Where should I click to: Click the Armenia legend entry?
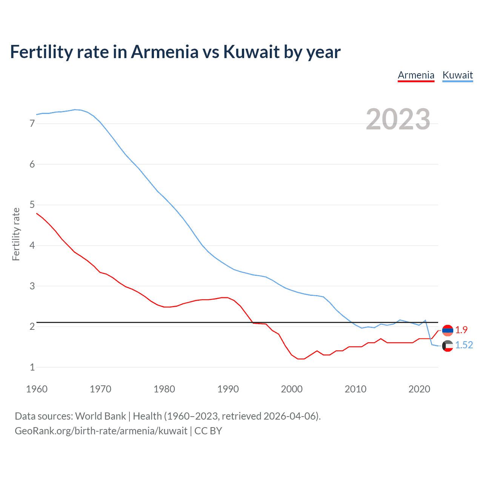[416, 75]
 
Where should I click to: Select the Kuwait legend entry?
[457, 75]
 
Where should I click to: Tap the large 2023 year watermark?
[398, 119]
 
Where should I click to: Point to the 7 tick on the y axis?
[32, 123]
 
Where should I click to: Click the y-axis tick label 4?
[32, 246]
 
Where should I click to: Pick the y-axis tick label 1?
[32, 367]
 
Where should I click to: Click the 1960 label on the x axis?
[37, 389]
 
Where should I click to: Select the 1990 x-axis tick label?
[228, 389]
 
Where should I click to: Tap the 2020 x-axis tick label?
[419, 389]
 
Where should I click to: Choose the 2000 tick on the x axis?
[292, 389]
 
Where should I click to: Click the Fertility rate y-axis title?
[16, 234]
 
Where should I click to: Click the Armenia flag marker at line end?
[448, 330]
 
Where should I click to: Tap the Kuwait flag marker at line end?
[448, 346]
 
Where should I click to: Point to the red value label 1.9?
[461, 330]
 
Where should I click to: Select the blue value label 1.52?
[464, 345]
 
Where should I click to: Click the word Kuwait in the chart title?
[251, 52]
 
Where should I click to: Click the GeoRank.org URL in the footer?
[101, 431]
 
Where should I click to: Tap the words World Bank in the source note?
[100, 416]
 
